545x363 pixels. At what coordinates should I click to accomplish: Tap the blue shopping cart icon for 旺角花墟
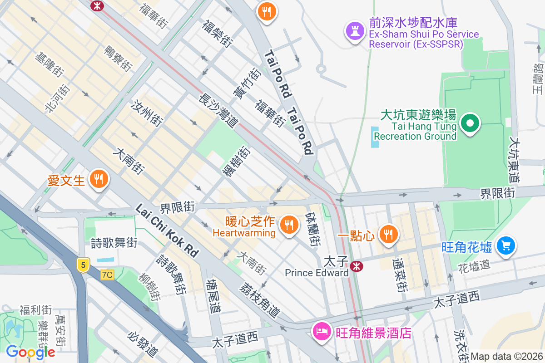coord(505,245)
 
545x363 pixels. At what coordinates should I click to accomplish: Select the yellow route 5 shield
coord(82,265)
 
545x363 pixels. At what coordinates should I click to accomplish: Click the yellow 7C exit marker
coord(107,275)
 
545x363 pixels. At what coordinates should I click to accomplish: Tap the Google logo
coord(30,352)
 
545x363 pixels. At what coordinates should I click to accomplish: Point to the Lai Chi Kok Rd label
coord(167,231)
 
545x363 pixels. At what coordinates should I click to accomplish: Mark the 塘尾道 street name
coord(213,296)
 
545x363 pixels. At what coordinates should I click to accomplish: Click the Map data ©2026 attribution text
coord(506,356)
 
